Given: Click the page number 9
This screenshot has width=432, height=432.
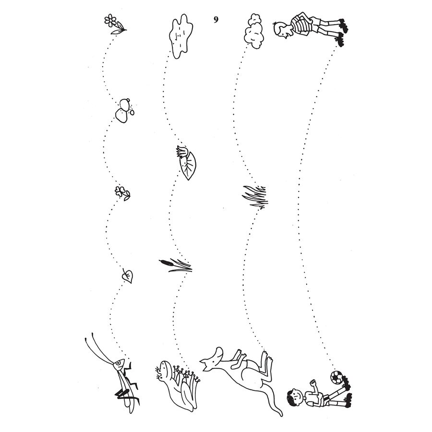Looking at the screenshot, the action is pos(216,19).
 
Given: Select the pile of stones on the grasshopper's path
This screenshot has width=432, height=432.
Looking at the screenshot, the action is pos(124,110).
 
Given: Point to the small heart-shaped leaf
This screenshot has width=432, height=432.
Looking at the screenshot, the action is pos(128,276).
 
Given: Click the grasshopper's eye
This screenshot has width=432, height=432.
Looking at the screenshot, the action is pos(119,363).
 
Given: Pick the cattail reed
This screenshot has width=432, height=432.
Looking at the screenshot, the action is pos(176,265).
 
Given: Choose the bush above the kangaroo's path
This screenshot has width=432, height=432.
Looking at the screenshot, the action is pos(254,31).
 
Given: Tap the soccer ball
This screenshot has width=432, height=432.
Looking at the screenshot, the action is pos(336,377).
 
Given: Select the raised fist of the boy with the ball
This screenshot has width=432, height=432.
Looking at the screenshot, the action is pos(312,383).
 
